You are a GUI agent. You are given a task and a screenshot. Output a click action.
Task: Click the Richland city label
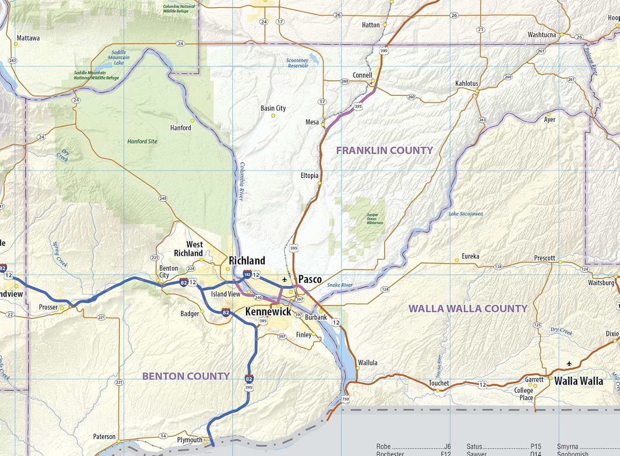tap(247, 261)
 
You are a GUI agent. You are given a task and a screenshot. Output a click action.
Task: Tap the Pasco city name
tap(310, 279)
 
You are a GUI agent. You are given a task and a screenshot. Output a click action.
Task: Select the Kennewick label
tap(268, 311)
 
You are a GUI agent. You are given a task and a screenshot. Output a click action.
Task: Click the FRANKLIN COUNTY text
tap(384, 150)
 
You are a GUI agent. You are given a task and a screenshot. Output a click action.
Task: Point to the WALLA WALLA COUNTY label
tap(468, 309)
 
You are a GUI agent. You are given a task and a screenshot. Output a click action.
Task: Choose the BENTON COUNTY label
tap(186, 376)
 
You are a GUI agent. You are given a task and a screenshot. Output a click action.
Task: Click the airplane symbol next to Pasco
tap(284, 280)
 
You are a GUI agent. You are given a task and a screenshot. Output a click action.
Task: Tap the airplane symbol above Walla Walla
tap(569, 364)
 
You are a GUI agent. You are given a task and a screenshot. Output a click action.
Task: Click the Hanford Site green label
tap(142, 141)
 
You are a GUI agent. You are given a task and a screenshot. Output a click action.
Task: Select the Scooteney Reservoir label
tap(297, 63)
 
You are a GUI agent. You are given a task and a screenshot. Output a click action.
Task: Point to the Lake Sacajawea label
tap(466, 214)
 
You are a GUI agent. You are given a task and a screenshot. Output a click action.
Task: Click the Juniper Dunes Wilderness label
tap(374, 219)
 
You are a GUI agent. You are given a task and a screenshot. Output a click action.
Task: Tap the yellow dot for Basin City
tap(273, 116)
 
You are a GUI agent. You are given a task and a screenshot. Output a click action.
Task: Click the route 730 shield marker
tap(346, 399)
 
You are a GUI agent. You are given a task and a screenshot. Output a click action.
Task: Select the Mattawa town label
tap(28, 38)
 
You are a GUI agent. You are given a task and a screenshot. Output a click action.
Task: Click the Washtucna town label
tap(541, 35)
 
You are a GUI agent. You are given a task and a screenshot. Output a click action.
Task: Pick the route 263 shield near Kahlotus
tap(482, 120)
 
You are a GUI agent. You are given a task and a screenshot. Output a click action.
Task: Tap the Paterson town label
tap(104, 437)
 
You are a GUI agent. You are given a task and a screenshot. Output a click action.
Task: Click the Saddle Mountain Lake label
tap(119, 57)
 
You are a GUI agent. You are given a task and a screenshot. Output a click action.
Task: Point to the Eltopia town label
tap(309, 176)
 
